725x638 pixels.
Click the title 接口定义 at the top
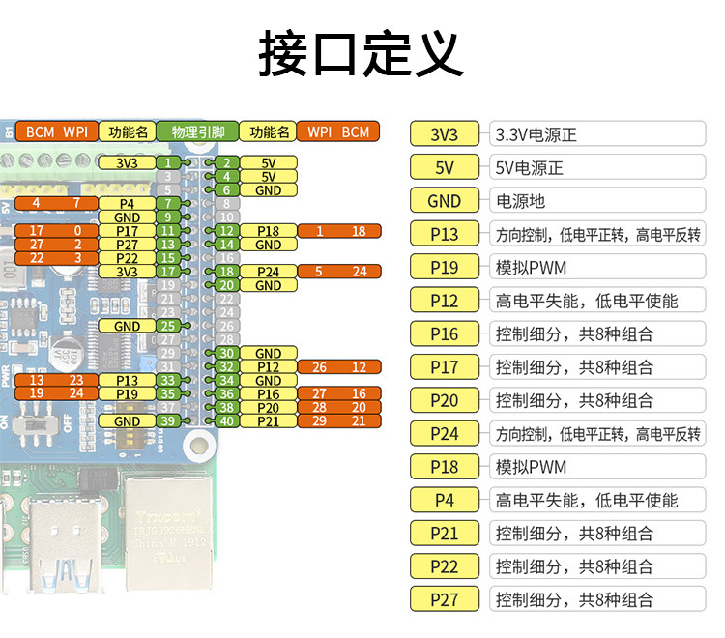point(362,53)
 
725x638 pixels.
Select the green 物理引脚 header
point(197,131)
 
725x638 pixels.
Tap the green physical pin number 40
point(226,421)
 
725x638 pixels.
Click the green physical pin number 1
point(168,162)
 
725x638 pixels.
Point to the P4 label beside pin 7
point(127,203)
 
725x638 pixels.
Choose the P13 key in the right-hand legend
point(445,234)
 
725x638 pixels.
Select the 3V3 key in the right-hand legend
point(445,134)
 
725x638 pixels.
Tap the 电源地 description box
point(597,201)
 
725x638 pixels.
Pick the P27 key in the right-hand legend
point(445,599)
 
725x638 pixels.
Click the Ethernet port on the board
point(169,534)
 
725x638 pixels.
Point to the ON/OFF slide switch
point(35,424)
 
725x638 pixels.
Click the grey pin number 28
point(226,340)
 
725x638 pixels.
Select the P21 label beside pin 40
point(268,421)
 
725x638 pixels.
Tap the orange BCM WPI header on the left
point(57,131)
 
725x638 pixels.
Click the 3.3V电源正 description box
point(597,134)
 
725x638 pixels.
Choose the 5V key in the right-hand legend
point(445,167)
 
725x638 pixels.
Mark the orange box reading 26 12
point(339,367)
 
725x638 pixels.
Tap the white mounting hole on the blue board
point(199,446)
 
